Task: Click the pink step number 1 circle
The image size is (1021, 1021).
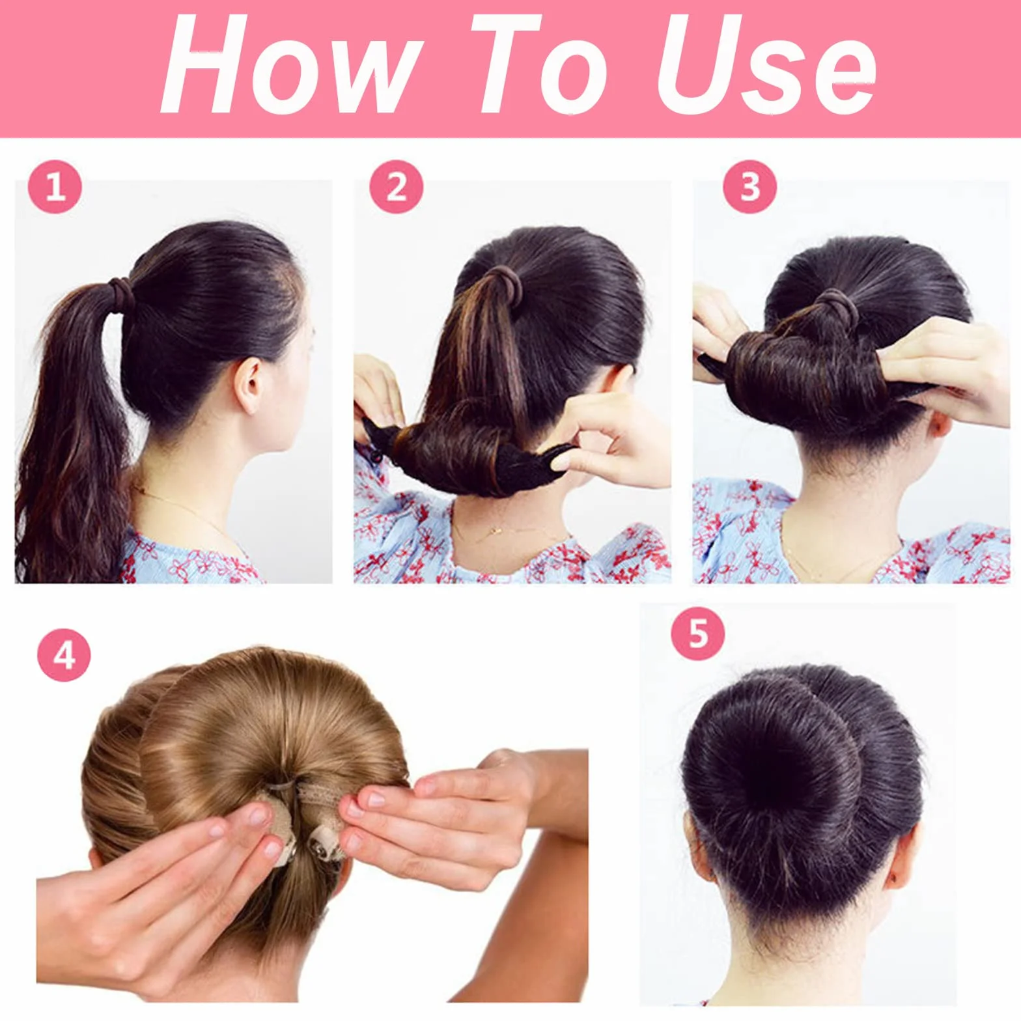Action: pyautogui.click(x=55, y=187)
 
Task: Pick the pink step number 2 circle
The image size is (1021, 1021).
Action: pyautogui.click(x=397, y=187)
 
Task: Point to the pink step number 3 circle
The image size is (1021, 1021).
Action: pyautogui.click(x=750, y=187)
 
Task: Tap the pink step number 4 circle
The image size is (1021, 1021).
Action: pyautogui.click(x=64, y=655)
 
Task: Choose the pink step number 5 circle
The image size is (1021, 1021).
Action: pyautogui.click(x=698, y=633)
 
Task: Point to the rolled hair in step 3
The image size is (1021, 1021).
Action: pyautogui.click(x=807, y=378)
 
